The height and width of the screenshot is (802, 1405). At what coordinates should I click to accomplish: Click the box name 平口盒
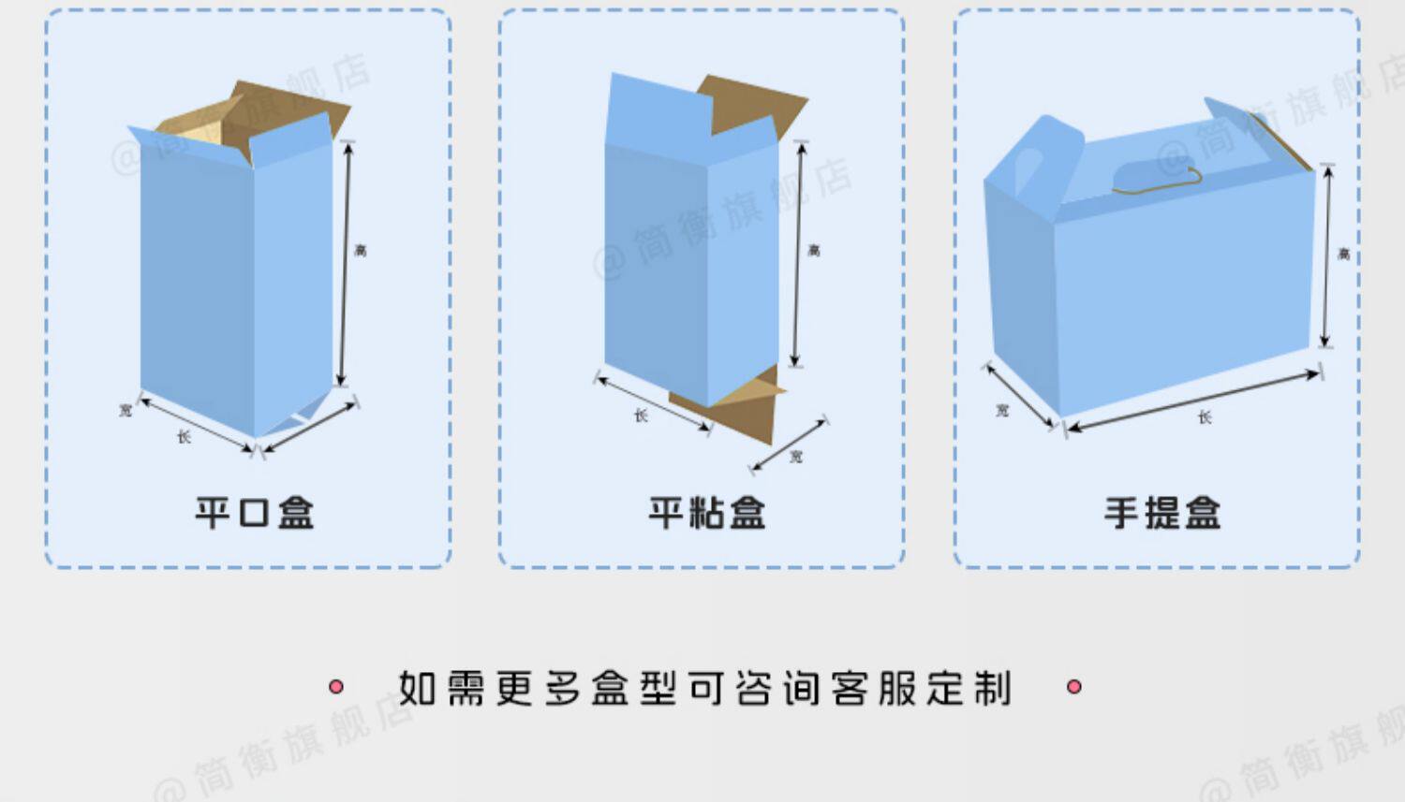click(254, 513)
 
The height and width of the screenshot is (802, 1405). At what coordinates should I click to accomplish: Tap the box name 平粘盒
click(707, 513)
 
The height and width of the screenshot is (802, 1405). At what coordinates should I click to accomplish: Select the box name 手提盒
click(1161, 513)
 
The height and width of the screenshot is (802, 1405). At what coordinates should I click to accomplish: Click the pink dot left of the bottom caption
click(336, 687)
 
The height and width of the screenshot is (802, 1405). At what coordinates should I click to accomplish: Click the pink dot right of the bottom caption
click(1074, 687)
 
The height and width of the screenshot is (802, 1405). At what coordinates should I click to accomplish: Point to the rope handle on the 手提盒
click(1158, 181)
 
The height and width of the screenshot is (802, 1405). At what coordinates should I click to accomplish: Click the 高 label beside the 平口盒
click(361, 250)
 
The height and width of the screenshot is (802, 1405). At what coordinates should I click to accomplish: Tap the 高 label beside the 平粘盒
click(814, 250)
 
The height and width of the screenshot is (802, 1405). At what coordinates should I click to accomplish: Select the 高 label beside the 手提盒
click(1344, 254)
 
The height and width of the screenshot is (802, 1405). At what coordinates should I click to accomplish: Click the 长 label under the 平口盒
click(185, 436)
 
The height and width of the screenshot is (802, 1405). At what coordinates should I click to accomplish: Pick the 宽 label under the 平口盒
click(126, 410)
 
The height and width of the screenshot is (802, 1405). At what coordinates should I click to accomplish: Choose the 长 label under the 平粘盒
click(641, 415)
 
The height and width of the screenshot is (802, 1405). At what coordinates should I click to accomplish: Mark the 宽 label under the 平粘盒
click(795, 457)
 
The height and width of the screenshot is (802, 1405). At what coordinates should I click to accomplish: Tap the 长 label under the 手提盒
click(1205, 417)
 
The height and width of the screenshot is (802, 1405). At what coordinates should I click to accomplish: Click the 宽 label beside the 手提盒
click(1002, 410)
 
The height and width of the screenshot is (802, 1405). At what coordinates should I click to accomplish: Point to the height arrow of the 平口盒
click(345, 262)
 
